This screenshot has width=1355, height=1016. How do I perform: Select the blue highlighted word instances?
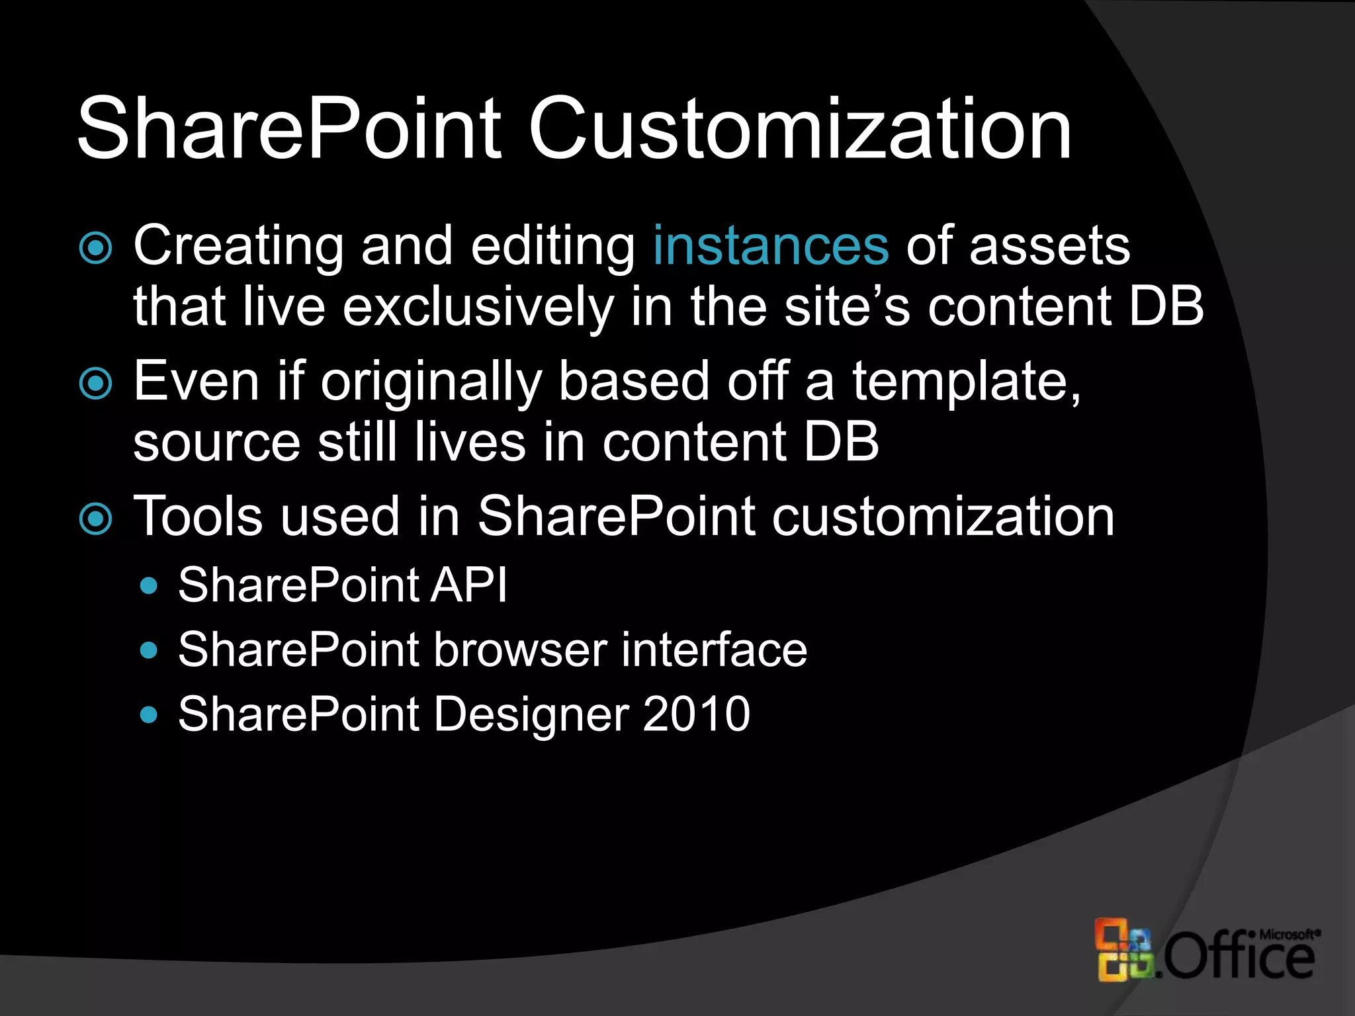pyautogui.click(x=771, y=245)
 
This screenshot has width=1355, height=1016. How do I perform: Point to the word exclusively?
pyautogui.click(x=478, y=308)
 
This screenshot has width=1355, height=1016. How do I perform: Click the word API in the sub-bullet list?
pyautogui.click(x=468, y=585)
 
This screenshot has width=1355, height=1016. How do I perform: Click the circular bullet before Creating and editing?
pyautogui.click(x=96, y=248)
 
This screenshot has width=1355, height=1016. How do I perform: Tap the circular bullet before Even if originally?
pyautogui.click(x=96, y=384)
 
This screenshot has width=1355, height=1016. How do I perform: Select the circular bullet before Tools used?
pyautogui.click(x=96, y=519)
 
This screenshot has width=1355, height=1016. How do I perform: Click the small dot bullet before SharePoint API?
pyautogui.click(x=150, y=586)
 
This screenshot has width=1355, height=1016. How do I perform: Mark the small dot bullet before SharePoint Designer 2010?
pyautogui.click(x=150, y=715)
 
